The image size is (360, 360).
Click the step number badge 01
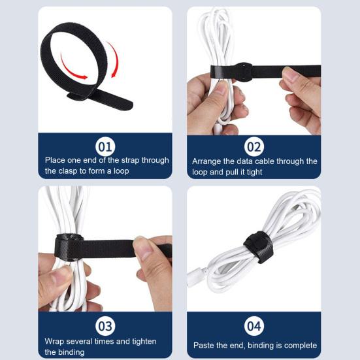105,145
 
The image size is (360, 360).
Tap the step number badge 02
254,146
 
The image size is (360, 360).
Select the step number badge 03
105,325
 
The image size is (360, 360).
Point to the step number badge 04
254,325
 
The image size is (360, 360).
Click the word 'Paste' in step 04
205,345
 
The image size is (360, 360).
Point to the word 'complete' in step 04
299,345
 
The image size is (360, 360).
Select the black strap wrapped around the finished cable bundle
257,246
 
